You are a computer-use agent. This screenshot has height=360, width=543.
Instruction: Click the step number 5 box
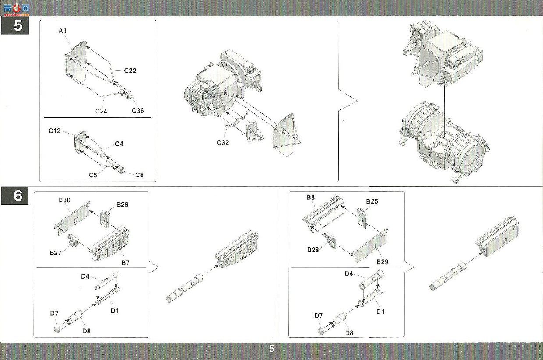click(15, 25)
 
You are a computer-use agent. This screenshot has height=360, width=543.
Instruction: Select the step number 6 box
click(15, 195)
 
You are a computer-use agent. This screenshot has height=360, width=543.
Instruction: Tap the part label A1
click(63, 31)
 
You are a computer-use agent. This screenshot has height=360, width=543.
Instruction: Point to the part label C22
click(130, 71)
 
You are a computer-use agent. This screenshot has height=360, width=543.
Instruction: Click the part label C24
click(101, 111)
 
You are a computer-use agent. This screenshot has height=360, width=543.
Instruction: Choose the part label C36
click(138, 111)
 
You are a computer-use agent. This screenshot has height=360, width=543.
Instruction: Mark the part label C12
click(54, 131)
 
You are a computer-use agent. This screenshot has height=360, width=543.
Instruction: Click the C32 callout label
click(223, 143)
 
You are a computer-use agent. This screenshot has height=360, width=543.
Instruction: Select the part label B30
click(64, 200)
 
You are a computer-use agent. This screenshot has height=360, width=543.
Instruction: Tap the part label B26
click(122, 205)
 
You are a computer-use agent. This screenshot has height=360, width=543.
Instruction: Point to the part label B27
click(55, 253)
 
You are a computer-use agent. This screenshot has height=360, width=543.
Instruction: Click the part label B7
click(125, 263)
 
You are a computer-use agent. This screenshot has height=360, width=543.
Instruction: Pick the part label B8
click(311, 198)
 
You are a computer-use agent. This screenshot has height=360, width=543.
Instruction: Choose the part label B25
click(372, 201)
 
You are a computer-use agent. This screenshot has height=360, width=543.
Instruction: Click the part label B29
click(382, 262)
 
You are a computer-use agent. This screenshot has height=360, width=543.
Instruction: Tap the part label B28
click(313, 250)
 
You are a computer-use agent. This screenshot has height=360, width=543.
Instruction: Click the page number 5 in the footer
click(272, 349)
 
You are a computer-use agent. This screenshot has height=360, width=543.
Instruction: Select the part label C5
click(93, 175)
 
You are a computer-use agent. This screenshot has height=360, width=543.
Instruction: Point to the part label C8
click(139, 175)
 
